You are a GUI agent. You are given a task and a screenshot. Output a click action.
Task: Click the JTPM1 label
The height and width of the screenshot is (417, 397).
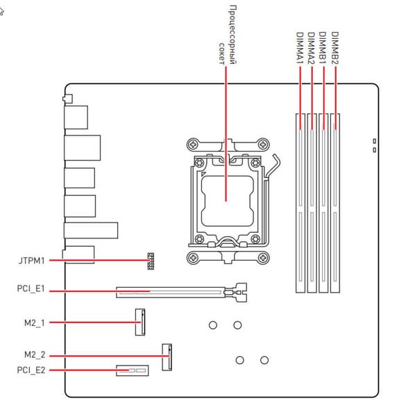(x=32, y=261)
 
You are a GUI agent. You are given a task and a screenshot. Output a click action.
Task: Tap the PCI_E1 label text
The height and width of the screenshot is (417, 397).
(x=31, y=289)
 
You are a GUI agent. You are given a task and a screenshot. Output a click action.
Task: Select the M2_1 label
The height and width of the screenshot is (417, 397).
(x=35, y=323)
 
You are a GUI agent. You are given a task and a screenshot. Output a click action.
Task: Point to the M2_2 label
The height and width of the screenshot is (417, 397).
(x=35, y=354)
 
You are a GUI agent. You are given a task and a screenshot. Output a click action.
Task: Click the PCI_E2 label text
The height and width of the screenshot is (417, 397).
(x=31, y=370)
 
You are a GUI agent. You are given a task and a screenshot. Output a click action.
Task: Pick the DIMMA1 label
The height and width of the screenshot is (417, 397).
(x=300, y=48)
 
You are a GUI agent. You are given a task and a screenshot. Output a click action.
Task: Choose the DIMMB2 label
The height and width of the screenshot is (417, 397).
(x=335, y=48)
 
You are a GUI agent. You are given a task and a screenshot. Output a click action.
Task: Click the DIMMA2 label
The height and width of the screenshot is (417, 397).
(x=311, y=48)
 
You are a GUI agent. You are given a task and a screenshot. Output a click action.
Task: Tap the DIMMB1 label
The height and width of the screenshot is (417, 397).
(x=323, y=48)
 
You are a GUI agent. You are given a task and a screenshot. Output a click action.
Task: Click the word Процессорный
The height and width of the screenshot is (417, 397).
(x=233, y=35)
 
